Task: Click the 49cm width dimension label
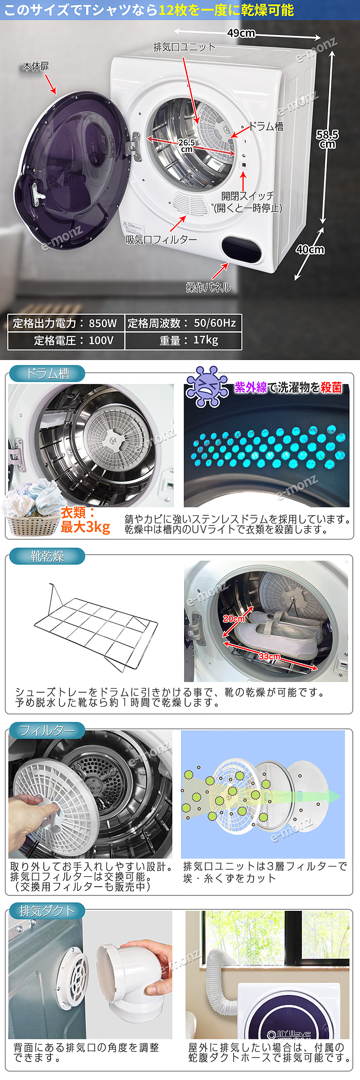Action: [x=241, y=33]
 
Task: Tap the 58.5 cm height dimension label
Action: [x=327, y=139]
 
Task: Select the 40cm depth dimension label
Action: [x=310, y=249]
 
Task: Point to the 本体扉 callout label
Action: [x=35, y=67]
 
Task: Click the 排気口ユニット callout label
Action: [x=185, y=47]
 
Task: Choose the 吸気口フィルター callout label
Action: [x=161, y=240]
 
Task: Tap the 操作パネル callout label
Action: [x=208, y=287]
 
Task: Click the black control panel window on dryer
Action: [x=241, y=249]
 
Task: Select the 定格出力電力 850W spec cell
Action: [x=65, y=323]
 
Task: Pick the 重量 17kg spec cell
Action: [x=183, y=340]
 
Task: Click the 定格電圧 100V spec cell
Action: [x=65, y=340]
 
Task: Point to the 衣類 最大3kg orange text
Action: [x=85, y=520]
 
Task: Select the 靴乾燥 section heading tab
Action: [x=47, y=556]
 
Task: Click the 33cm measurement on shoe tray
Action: [x=269, y=656]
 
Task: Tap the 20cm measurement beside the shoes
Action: [x=233, y=619]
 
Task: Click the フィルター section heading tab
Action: [x=47, y=730]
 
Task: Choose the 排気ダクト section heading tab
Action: [x=47, y=911]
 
